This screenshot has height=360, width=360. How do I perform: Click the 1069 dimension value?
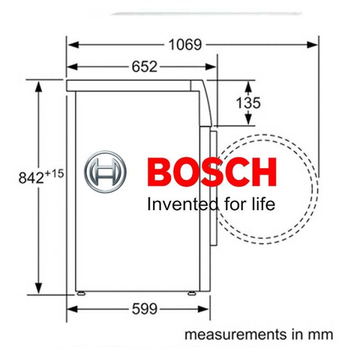(185, 45)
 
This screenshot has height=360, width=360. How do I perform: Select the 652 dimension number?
(145, 67)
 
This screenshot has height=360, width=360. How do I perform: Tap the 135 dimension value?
(248, 103)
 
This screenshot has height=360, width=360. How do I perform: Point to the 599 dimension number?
(145, 309)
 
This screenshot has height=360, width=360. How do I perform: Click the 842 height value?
(31, 178)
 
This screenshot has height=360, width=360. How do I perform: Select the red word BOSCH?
(212, 172)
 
